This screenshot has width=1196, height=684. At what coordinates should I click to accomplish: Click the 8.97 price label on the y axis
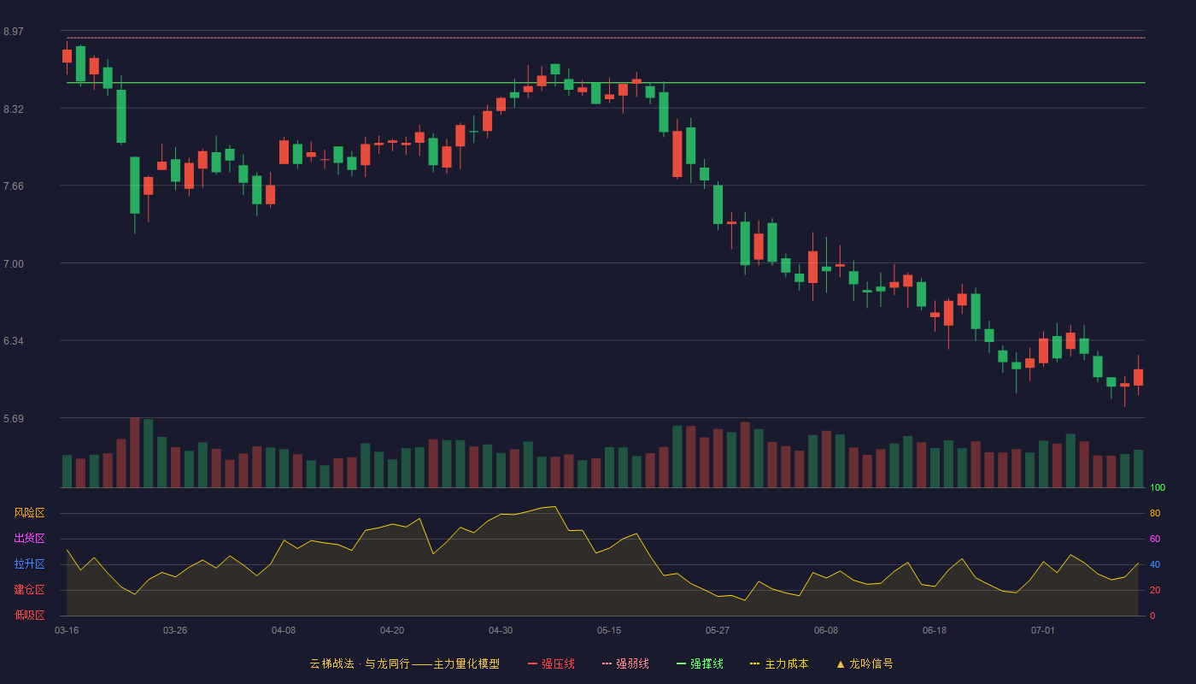click(14, 32)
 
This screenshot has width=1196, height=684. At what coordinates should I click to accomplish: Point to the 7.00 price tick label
click(14, 264)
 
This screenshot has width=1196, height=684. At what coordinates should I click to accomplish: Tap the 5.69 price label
click(14, 418)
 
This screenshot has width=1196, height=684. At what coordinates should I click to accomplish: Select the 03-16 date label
click(67, 631)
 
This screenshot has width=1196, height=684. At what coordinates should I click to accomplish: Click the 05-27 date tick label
click(717, 631)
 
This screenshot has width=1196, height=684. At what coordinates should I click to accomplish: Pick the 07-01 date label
click(1043, 631)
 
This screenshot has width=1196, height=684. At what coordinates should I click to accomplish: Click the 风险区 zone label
click(29, 513)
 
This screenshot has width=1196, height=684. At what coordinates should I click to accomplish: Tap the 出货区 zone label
click(29, 538)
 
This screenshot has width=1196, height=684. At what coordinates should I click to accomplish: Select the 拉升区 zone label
click(29, 563)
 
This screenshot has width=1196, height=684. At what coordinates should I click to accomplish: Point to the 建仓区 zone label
click(29, 589)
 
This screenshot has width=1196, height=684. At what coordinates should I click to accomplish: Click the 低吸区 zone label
click(29, 615)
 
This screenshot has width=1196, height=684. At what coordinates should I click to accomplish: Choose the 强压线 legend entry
click(551, 663)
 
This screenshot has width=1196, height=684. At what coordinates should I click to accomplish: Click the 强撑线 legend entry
click(700, 663)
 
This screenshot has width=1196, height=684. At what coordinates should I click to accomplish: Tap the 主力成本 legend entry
click(779, 663)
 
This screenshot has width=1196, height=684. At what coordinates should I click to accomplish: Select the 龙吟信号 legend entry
click(865, 663)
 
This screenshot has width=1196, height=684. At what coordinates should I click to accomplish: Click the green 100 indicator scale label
click(1158, 487)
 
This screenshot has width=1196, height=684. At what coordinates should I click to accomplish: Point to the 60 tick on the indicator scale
click(1155, 539)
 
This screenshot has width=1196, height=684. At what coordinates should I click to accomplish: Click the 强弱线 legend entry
click(625, 663)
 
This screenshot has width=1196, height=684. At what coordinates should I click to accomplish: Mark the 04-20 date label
click(392, 631)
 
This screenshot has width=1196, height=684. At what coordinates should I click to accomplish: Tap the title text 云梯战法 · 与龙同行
click(360, 663)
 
